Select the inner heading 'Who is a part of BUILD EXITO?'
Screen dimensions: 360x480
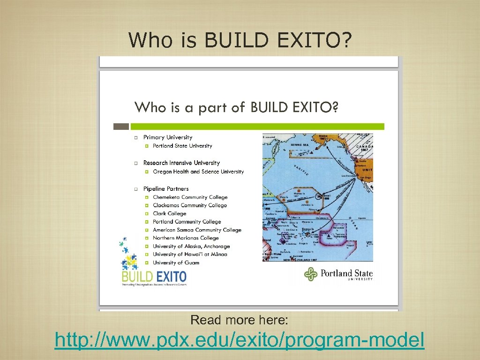(x=236, y=107)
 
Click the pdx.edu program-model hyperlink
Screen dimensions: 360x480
(x=240, y=340)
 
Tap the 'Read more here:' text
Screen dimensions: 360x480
(x=240, y=321)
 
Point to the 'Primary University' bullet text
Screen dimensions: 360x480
(x=168, y=137)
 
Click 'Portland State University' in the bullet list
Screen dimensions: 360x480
(x=182, y=146)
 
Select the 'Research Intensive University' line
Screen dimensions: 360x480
(x=181, y=163)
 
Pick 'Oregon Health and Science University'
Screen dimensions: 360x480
(x=198, y=172)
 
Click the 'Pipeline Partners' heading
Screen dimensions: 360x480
(x=166, y=189)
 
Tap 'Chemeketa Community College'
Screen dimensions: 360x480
(x=190, y=197)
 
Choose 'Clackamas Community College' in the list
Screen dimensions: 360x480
(x=189, y=205)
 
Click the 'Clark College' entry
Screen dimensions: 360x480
(x=169, y=213)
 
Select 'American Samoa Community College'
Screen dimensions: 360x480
(x=197, y=230)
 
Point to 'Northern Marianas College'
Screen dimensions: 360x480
(x=186, y=238)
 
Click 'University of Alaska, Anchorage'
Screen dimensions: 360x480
(x=191, y=246)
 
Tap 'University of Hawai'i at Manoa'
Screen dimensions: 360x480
(x=190, y=254)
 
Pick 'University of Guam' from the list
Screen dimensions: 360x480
(x=176, y=262)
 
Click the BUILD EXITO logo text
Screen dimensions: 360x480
(x=154, y=276)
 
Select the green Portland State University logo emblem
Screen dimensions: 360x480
(x=311, y=274)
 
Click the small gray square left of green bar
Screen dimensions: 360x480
(x=121, y=127)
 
